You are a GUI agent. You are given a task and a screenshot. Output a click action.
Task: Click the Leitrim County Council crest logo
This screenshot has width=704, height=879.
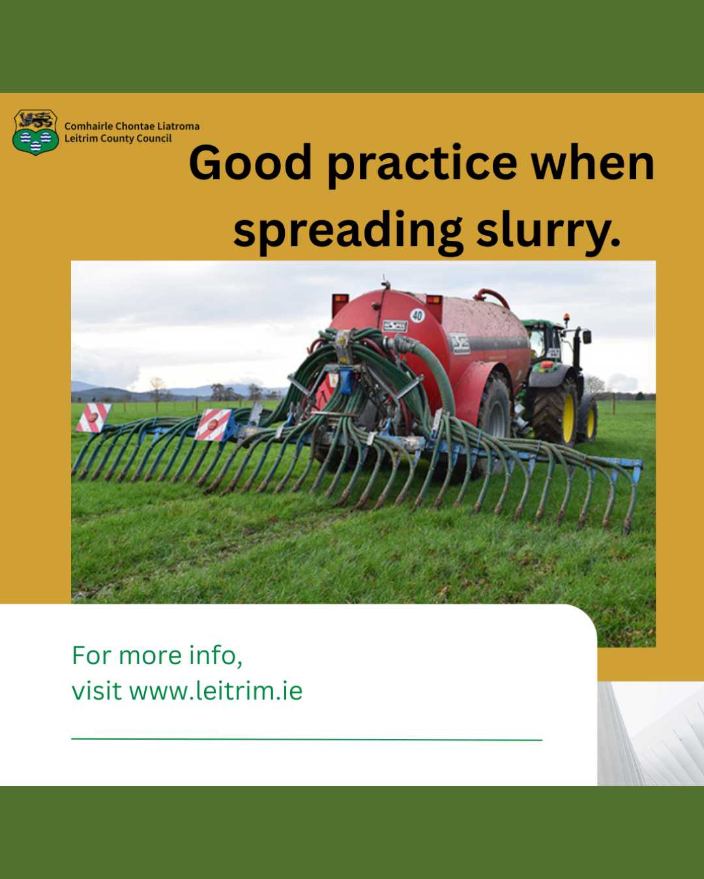36,132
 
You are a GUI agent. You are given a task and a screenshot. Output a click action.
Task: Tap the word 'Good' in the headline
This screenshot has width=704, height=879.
250,163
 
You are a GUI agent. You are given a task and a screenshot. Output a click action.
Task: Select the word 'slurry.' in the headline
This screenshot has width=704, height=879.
548,231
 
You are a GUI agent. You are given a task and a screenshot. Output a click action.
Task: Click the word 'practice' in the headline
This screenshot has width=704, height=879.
422,166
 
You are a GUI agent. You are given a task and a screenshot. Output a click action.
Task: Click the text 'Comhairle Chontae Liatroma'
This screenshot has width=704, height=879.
132,126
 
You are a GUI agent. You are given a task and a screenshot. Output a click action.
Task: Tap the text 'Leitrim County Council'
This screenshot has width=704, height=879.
118,139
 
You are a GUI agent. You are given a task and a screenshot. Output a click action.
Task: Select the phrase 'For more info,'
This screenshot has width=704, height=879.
158,656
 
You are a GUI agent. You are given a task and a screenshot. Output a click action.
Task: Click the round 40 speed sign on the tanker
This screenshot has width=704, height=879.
417,315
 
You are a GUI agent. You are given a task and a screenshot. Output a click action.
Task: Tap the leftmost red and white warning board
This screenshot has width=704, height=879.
93,417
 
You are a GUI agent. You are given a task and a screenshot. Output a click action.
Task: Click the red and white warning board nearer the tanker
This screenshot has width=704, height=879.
213,425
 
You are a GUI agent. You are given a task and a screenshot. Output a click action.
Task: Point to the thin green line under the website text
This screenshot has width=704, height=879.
307,739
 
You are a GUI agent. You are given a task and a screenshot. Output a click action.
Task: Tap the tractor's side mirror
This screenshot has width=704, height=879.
587,337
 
